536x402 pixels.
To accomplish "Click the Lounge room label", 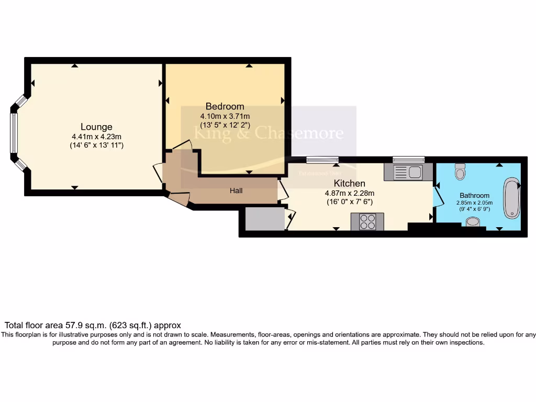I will click(96, 127).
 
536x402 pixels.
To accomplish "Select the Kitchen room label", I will click(350, 183).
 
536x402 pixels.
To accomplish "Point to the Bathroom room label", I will click(475, 195).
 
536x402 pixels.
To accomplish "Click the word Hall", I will click(236, 191).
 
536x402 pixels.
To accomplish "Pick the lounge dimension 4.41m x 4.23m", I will click(96, 137).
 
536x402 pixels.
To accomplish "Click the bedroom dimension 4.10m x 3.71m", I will click(225, 116).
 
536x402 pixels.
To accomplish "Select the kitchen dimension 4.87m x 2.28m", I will click(350, 193).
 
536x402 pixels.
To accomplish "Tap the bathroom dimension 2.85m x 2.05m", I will click(475, 203).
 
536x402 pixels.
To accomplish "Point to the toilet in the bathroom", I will click(460, 171).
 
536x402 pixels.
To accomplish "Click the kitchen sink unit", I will click(408, 172).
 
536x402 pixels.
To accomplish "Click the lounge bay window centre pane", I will click(14, 133).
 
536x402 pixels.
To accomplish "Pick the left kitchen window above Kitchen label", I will click(322, 160).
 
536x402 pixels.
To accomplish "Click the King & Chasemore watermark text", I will click(269, 133).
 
